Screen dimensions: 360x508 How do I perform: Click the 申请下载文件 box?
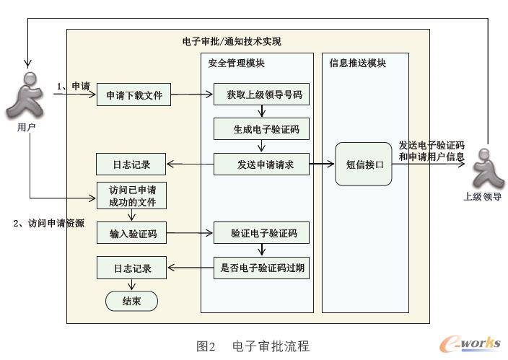[134, 95]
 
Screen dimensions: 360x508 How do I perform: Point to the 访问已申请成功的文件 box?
[131, 196]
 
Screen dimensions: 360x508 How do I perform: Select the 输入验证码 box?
[134, 233]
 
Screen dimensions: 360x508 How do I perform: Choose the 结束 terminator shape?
[131, 300]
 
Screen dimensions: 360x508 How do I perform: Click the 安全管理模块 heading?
[236, 63]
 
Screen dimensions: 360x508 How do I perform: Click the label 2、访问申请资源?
[49, 224]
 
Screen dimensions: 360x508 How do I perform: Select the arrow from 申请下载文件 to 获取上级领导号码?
[192, 95]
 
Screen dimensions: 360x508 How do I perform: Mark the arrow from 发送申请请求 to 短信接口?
[323, 164]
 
